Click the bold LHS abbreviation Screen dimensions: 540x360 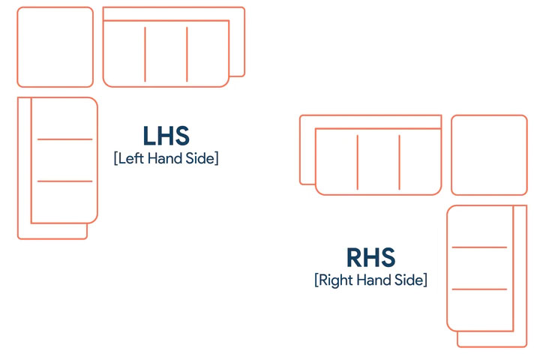[x=166, y=136]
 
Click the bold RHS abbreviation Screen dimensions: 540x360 [x=370, y=257]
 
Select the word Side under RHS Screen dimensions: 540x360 [x=409, y=280]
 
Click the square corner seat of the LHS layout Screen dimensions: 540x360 [x=55, y=46]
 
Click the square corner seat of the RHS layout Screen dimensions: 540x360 [x=489, y=155]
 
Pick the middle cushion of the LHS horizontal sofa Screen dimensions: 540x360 [x=166, y=54]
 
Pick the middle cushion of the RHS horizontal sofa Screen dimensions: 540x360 [x=379, y=162]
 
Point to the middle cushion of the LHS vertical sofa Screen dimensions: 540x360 [x=64, y=160]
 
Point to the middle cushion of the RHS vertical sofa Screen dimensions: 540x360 [x=480, y=268]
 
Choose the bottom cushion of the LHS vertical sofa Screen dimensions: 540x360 [x=64, y=202]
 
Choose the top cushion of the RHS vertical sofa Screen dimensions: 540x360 [x=480, y=226]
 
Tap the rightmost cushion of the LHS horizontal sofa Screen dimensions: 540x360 [x=208, y=54]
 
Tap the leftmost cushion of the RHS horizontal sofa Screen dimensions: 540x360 [x=337, y=162]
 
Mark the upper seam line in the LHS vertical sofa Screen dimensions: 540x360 [x=64, y=139]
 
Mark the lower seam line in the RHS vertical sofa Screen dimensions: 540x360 [x=479, y=289]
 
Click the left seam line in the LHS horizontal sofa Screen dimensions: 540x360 [x=145, y=55]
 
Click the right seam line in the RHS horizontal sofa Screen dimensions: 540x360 [x=400, y=162]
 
